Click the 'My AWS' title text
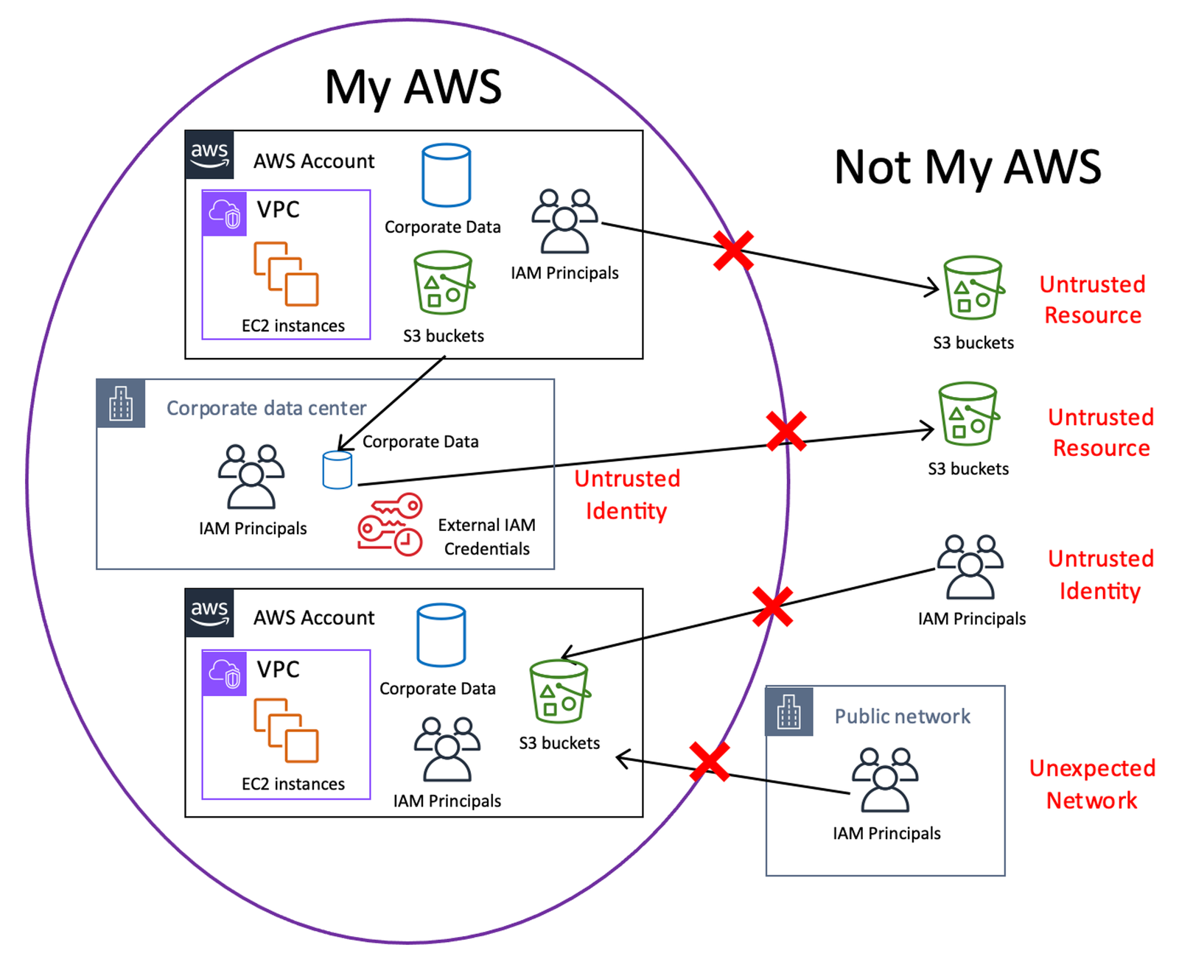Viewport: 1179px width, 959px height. pos(413,88)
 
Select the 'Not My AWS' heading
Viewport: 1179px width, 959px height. pos(968,167)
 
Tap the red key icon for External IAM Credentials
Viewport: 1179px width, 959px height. pos(390,524)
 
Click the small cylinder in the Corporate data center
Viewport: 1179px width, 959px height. pos(337,470)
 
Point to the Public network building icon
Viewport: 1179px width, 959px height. pos(789,712)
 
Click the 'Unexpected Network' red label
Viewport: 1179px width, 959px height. pos(1092,784)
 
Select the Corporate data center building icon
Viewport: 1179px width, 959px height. pos(121,404)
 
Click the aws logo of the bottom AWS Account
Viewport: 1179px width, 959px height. pos(210,613)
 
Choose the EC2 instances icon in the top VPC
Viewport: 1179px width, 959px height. pos(286,273)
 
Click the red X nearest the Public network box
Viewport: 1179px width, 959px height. pos(710,762)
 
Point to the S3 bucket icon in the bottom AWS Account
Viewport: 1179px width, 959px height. pos(559,692)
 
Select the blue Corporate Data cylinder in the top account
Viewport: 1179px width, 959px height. pos(446,175)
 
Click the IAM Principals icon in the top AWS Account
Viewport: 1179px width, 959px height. pos(564,221)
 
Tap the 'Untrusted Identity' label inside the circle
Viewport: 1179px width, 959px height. pos(627,494)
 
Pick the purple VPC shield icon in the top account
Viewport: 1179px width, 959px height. pos(225,214)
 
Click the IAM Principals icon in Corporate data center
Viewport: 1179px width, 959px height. pos(251,477)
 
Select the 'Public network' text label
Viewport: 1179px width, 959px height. pos(902,716)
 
